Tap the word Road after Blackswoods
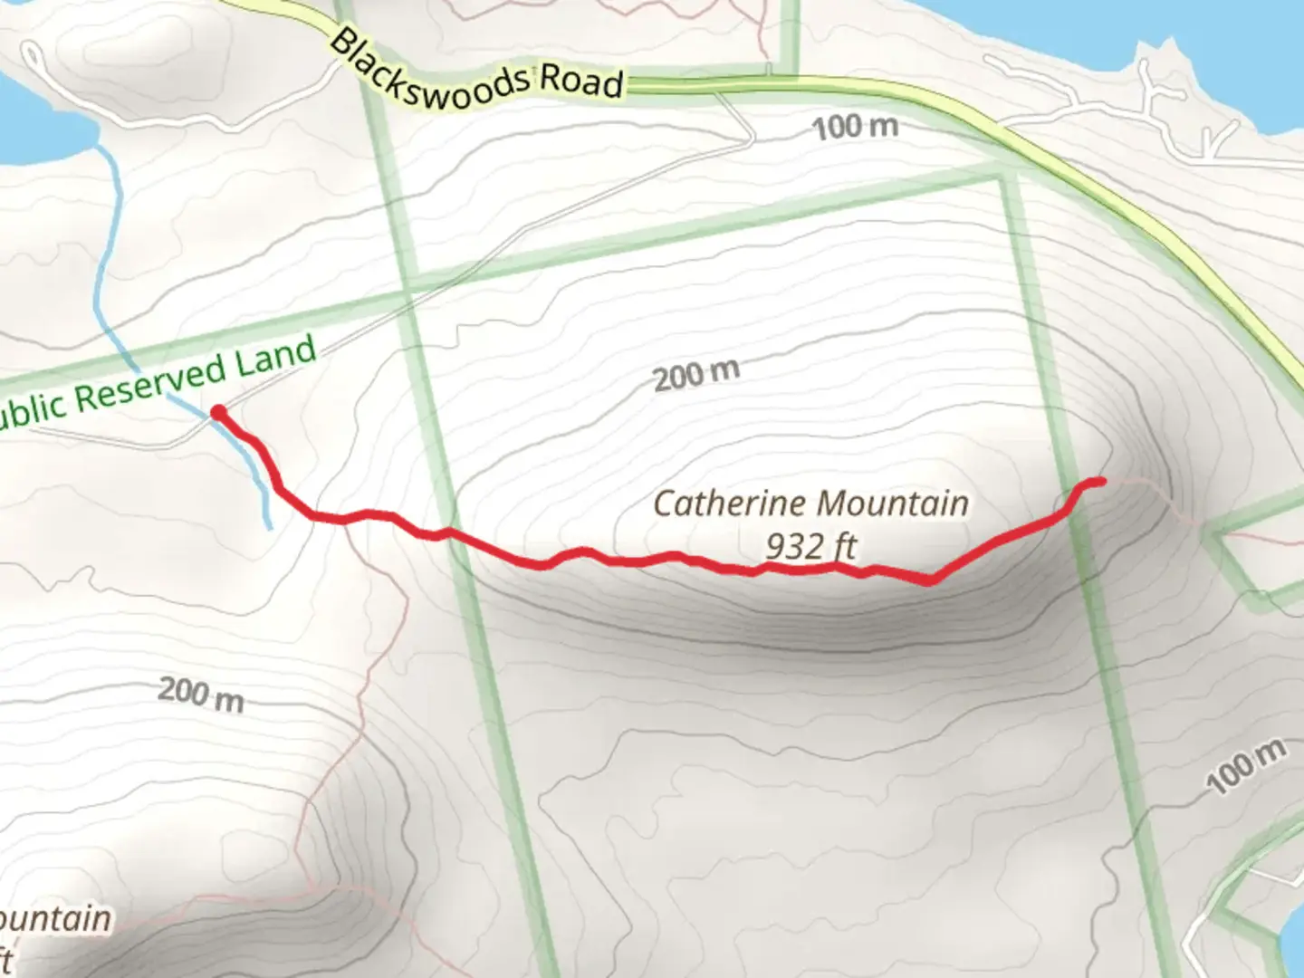pyautogui.click(x=582, y=81)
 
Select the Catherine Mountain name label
pyautogui.click(x=810, y=503)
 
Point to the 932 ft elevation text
pyautogui.click(x=810, y=546)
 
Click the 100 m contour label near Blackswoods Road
pyautogui.click(x=855, y=127)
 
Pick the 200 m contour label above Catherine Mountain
pyautogui.click(x=696, y=374)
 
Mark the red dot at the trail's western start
pyautogui.click(x=218, y=413)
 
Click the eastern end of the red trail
pyautogui.click(x=1100, y=482)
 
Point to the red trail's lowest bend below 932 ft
pyautogui.click(x=929, y=580)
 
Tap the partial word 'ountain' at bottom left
pyautogui.click(x=56, y=919)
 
